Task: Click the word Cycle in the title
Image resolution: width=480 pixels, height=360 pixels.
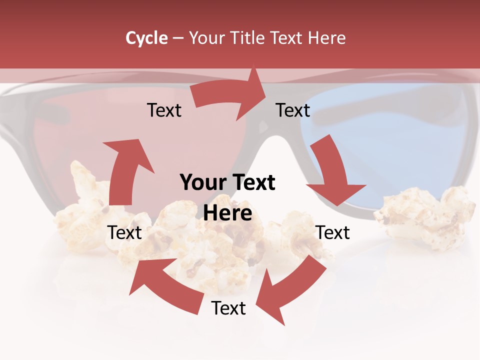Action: (x=146, y=38)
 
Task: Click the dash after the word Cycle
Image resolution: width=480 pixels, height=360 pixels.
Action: (x=178, y=38)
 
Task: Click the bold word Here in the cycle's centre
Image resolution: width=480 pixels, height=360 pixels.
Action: (x=227, y=213)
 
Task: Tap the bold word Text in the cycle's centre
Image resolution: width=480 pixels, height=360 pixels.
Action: (x=252, y=183)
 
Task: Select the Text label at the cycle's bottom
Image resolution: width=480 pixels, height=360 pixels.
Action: (x=228, y=308)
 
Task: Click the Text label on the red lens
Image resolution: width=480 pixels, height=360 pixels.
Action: (x=164, y=110)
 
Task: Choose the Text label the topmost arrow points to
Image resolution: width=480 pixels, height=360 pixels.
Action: (x=293, y=110)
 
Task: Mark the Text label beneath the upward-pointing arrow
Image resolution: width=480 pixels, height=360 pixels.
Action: (x=124, y=232)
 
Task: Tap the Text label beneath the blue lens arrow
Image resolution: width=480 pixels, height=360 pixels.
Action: (x=333, y=232)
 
